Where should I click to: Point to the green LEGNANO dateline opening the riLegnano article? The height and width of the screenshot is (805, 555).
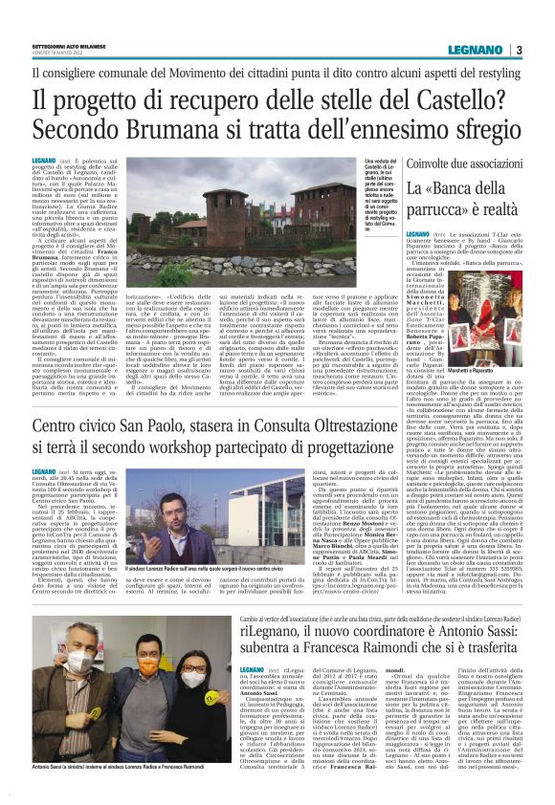pyautogui.click(x=227, y=671)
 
